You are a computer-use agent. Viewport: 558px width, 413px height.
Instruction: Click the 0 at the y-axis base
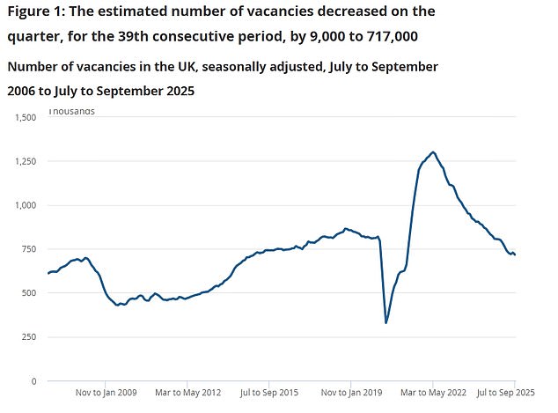[33, 381]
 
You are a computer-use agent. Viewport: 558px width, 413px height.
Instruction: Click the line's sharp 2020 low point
[386, 322]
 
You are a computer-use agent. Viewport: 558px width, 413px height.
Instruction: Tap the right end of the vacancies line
[515, 255]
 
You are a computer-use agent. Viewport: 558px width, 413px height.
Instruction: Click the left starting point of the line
[48, 274]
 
